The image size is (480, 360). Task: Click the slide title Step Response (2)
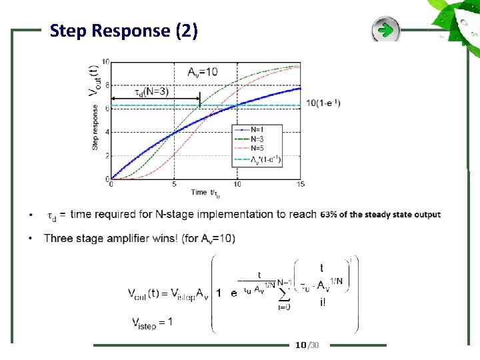123,31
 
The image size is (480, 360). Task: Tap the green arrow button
385,30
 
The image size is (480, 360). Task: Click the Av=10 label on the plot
202,72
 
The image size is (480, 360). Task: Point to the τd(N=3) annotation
151,92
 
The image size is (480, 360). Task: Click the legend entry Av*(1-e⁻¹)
265,159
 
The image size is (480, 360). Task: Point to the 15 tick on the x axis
301,184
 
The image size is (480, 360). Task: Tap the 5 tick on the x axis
174,184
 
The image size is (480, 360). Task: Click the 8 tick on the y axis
106,85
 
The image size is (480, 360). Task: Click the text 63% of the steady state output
380,215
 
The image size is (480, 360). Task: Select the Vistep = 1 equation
153,322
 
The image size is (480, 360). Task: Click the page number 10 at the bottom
300,345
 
